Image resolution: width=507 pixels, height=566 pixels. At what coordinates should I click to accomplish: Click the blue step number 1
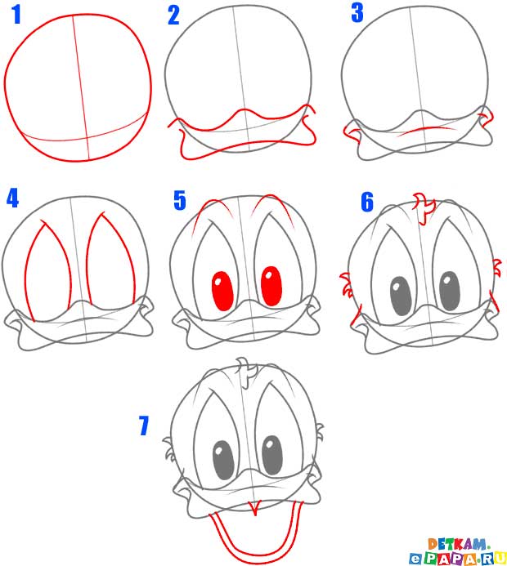click(16, 15)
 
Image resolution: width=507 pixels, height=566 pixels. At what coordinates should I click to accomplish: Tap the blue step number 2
click(173, 16)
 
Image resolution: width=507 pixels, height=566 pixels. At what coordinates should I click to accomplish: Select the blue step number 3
click(357, 12)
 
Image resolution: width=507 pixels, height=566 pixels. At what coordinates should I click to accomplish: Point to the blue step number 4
click(12, 198)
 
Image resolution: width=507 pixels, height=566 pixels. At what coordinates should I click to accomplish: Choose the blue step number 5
click(180, 200)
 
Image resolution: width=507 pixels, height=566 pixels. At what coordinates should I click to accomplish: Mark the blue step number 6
click(367, 203)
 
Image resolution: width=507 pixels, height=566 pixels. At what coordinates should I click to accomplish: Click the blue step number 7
click(144, 426)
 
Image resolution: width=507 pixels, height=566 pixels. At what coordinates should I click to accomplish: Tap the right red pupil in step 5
click(271, 286)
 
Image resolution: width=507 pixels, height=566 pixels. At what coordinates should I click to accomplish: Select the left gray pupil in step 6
click(401, 296)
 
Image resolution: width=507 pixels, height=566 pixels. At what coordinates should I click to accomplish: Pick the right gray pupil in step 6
click(450, 291)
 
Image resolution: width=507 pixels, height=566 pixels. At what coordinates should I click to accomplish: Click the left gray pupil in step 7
click(223, 460)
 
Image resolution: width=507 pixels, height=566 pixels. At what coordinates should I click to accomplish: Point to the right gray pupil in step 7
click(271, 455)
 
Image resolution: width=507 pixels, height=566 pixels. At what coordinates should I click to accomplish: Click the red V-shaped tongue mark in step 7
click(255, 508)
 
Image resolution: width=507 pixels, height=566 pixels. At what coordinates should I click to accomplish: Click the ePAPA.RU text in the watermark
click(458, 558)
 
